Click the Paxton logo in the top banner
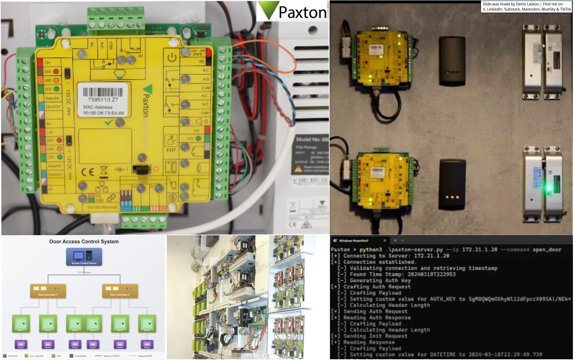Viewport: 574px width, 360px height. coord(292,12)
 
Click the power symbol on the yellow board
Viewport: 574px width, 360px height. coord(172,57)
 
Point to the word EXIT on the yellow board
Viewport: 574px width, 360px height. coord(171,150)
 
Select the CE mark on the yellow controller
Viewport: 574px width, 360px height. coord(87,172)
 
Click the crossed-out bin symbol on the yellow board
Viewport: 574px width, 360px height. coord(103,171)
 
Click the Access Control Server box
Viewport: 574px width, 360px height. coord(84,257)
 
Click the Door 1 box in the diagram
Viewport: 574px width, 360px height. coord(21,323)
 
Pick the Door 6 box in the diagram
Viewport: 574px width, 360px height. coord(147,323)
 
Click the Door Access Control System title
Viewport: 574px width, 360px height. coord(84,241)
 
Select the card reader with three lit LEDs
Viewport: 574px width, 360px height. coord(452,185)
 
